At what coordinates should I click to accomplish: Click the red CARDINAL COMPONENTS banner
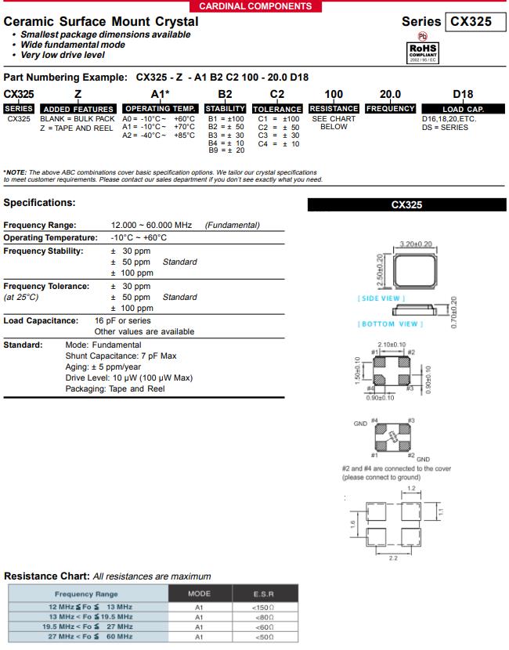point(254,6)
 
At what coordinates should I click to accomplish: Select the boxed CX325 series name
point(471,22)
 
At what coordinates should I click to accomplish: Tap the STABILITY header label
point(225,109)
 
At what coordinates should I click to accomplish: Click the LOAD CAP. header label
point(464,109)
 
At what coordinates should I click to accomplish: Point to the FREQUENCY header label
point(391,109)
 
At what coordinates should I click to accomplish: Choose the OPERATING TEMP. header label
point(160,109)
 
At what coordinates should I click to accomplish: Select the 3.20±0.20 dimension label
point(417,244)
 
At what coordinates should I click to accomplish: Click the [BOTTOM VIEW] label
point(388,323)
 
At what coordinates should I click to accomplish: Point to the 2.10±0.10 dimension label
point(391,345)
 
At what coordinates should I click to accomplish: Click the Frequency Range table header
point(86,594)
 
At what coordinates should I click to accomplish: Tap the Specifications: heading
point(39,203)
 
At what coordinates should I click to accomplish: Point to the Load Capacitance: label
point(41,320)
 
